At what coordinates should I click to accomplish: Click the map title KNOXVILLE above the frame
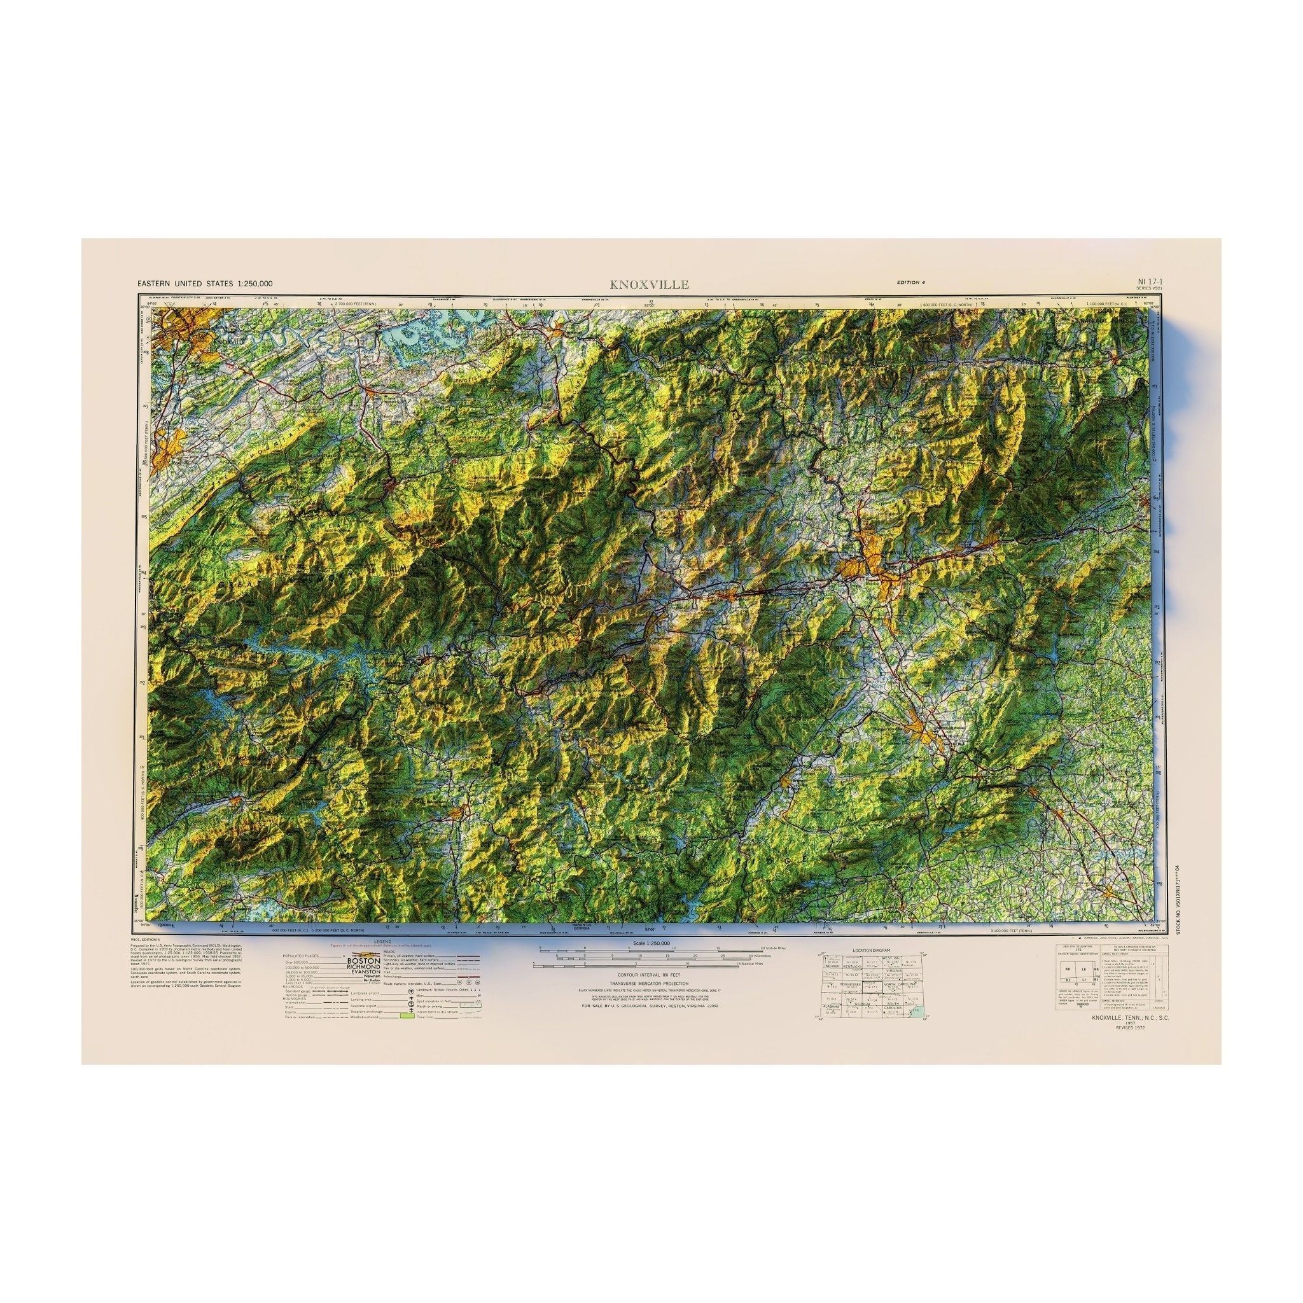point(649,284)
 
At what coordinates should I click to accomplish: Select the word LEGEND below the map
point(382,941)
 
